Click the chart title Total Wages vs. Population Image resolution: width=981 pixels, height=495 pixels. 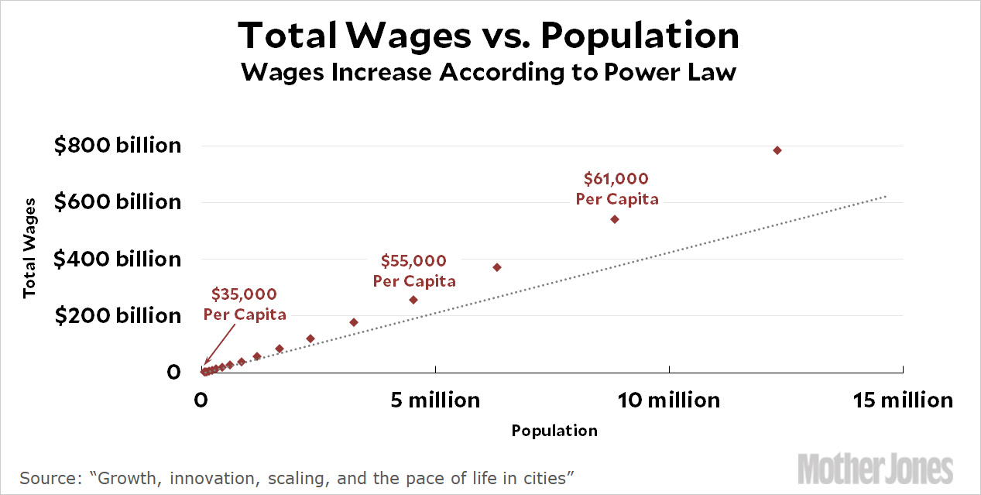489,36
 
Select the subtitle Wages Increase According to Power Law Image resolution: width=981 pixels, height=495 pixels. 489,73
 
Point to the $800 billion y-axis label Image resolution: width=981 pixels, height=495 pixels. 117,145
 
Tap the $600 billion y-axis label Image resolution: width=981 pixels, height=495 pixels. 117,202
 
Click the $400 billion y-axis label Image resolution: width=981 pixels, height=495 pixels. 117,259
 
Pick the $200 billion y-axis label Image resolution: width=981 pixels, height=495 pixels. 117,315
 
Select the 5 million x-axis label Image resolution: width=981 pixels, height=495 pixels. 436,400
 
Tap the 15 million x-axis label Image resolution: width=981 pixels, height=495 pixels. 904,400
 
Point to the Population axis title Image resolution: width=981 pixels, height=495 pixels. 554,431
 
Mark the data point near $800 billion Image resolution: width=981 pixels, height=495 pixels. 777,150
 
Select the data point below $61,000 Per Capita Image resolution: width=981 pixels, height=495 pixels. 615,219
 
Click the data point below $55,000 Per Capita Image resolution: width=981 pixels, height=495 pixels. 413,300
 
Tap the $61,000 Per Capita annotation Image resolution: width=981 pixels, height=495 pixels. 617,189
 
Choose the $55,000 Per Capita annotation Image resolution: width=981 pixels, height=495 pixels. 414,271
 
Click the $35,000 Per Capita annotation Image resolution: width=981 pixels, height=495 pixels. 245,304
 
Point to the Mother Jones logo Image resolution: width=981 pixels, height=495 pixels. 875,469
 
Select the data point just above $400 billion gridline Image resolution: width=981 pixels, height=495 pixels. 497,267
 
